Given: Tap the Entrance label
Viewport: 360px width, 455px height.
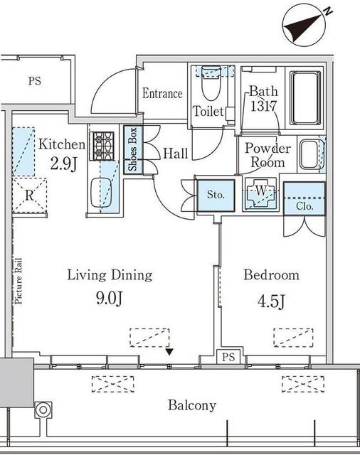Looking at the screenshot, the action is tap(163, 93).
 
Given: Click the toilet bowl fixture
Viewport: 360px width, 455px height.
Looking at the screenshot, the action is tap(211, 83).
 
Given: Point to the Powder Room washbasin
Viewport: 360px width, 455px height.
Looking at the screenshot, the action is tap(309, 154).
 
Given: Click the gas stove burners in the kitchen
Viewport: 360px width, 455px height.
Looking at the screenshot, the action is tap(102, 146).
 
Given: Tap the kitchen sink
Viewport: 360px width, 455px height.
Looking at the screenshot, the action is tap(101, 193).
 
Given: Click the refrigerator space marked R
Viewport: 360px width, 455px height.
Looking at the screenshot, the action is tap(29, 196).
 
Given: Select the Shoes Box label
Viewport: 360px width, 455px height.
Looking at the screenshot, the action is tap(132, 149).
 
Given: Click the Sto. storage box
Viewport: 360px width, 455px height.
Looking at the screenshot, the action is tap(216, 196).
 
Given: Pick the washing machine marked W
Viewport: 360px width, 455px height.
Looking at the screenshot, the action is tap(260, 193).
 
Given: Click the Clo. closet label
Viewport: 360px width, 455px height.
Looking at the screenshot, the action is tap(305, 206).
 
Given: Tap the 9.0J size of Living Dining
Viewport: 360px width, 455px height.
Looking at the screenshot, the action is tap(110, 298).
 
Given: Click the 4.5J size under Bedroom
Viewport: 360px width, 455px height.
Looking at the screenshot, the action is tap(272, 301).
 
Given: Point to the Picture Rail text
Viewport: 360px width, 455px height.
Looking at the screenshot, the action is tap(18, 281).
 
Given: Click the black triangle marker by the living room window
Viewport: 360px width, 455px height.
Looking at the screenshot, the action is tap(169, 353).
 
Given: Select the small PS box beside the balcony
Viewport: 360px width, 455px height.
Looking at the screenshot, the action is tap(228, 356).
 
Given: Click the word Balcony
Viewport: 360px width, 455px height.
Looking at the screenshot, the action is tap(192, 405).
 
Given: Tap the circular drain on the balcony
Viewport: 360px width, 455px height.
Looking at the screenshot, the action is tap(43, 410).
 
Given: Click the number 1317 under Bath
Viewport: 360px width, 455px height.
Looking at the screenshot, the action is tap(264, 106).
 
